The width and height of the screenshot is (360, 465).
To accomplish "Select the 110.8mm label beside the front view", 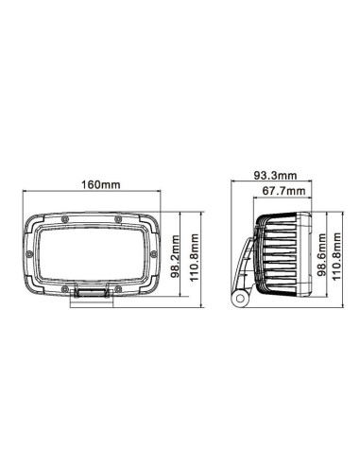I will [196, 256].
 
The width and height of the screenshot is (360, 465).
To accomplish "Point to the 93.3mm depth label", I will [275, 175].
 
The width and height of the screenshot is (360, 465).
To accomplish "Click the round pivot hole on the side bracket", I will [239, 301].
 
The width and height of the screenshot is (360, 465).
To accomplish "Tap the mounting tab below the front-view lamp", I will [92, 295].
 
